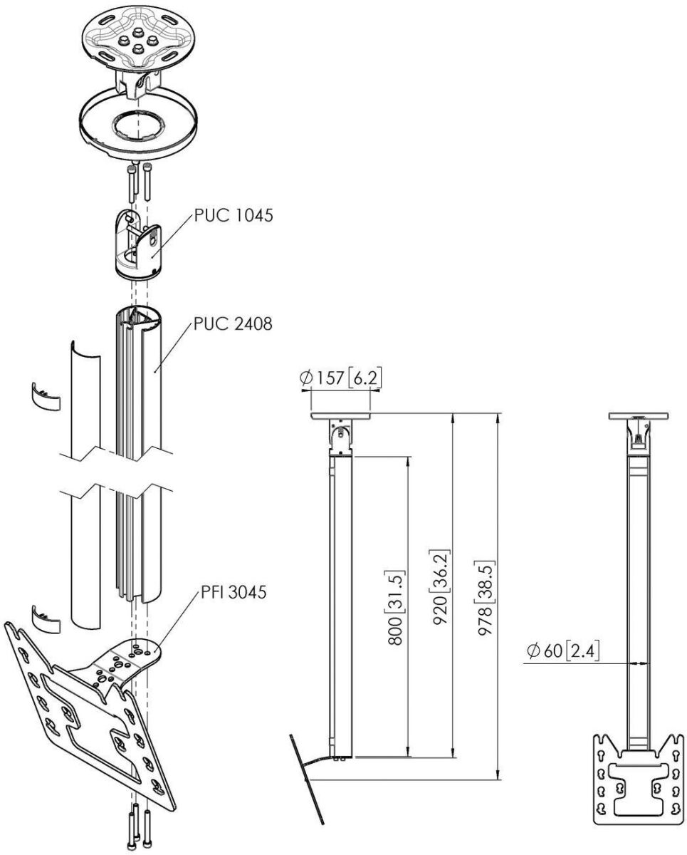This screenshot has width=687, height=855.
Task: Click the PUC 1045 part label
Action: click(232, 215)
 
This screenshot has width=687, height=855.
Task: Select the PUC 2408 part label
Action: click(232, 325)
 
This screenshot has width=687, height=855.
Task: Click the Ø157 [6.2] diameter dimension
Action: click(340, 378)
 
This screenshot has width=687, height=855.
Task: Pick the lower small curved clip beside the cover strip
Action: click(47, 617)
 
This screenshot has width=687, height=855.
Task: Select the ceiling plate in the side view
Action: click(341, 416)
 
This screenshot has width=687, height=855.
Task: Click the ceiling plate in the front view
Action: click(639, 416)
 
